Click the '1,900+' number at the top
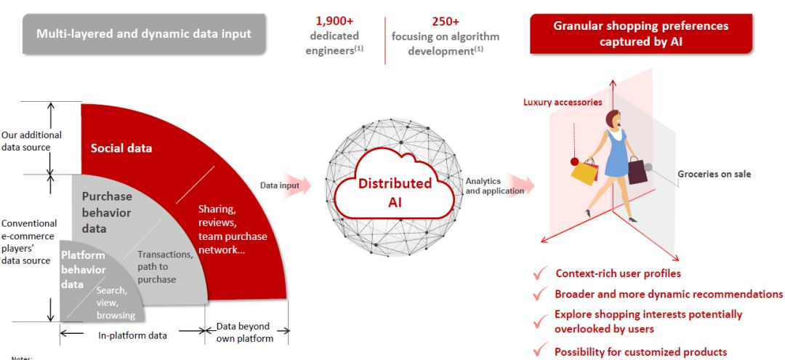(334, 20)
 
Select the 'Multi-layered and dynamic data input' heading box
(144, 33)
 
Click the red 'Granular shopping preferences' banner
(640, 33)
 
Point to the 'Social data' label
(121, 148)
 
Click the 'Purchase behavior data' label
(106, 212)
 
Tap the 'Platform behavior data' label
(82, 270)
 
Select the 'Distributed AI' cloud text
(395, 192)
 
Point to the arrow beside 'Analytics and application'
(519, 186)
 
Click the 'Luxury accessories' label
(563, 103)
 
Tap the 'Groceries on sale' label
(714, 175)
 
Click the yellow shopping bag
(584, 172)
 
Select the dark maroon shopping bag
(637, 172)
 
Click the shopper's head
(613, 121)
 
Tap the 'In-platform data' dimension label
(132, 335)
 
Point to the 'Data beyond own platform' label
(243, 332)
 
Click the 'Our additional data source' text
(31, 141)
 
